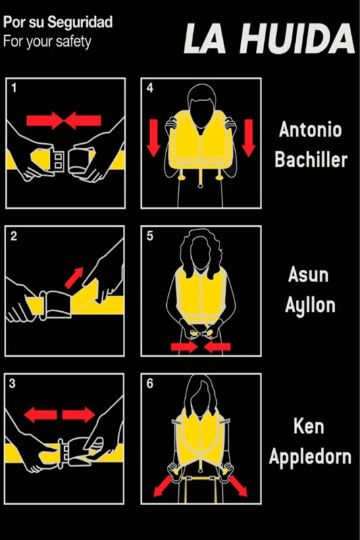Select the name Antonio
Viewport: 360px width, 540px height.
(311, 130)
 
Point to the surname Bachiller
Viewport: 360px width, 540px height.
(311, 159)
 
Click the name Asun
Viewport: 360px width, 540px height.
(308, 275)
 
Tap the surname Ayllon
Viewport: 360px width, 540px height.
(310, 306)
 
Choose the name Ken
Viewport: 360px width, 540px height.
(309, 426)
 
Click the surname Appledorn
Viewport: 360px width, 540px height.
(310, 457)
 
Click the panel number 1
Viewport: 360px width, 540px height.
(14, 88)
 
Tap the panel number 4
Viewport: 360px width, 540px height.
(150, 88)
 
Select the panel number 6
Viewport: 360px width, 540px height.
(150, 383)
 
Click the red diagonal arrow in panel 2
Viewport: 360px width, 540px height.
(74, 278)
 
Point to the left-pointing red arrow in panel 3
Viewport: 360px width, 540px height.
(41, 414)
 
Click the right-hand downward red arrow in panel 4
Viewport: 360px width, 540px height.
(249, 138)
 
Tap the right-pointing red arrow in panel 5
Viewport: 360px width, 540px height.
(184, 347)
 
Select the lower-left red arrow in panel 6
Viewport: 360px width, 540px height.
(163, 486)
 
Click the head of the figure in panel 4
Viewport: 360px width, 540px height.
(202, 102)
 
